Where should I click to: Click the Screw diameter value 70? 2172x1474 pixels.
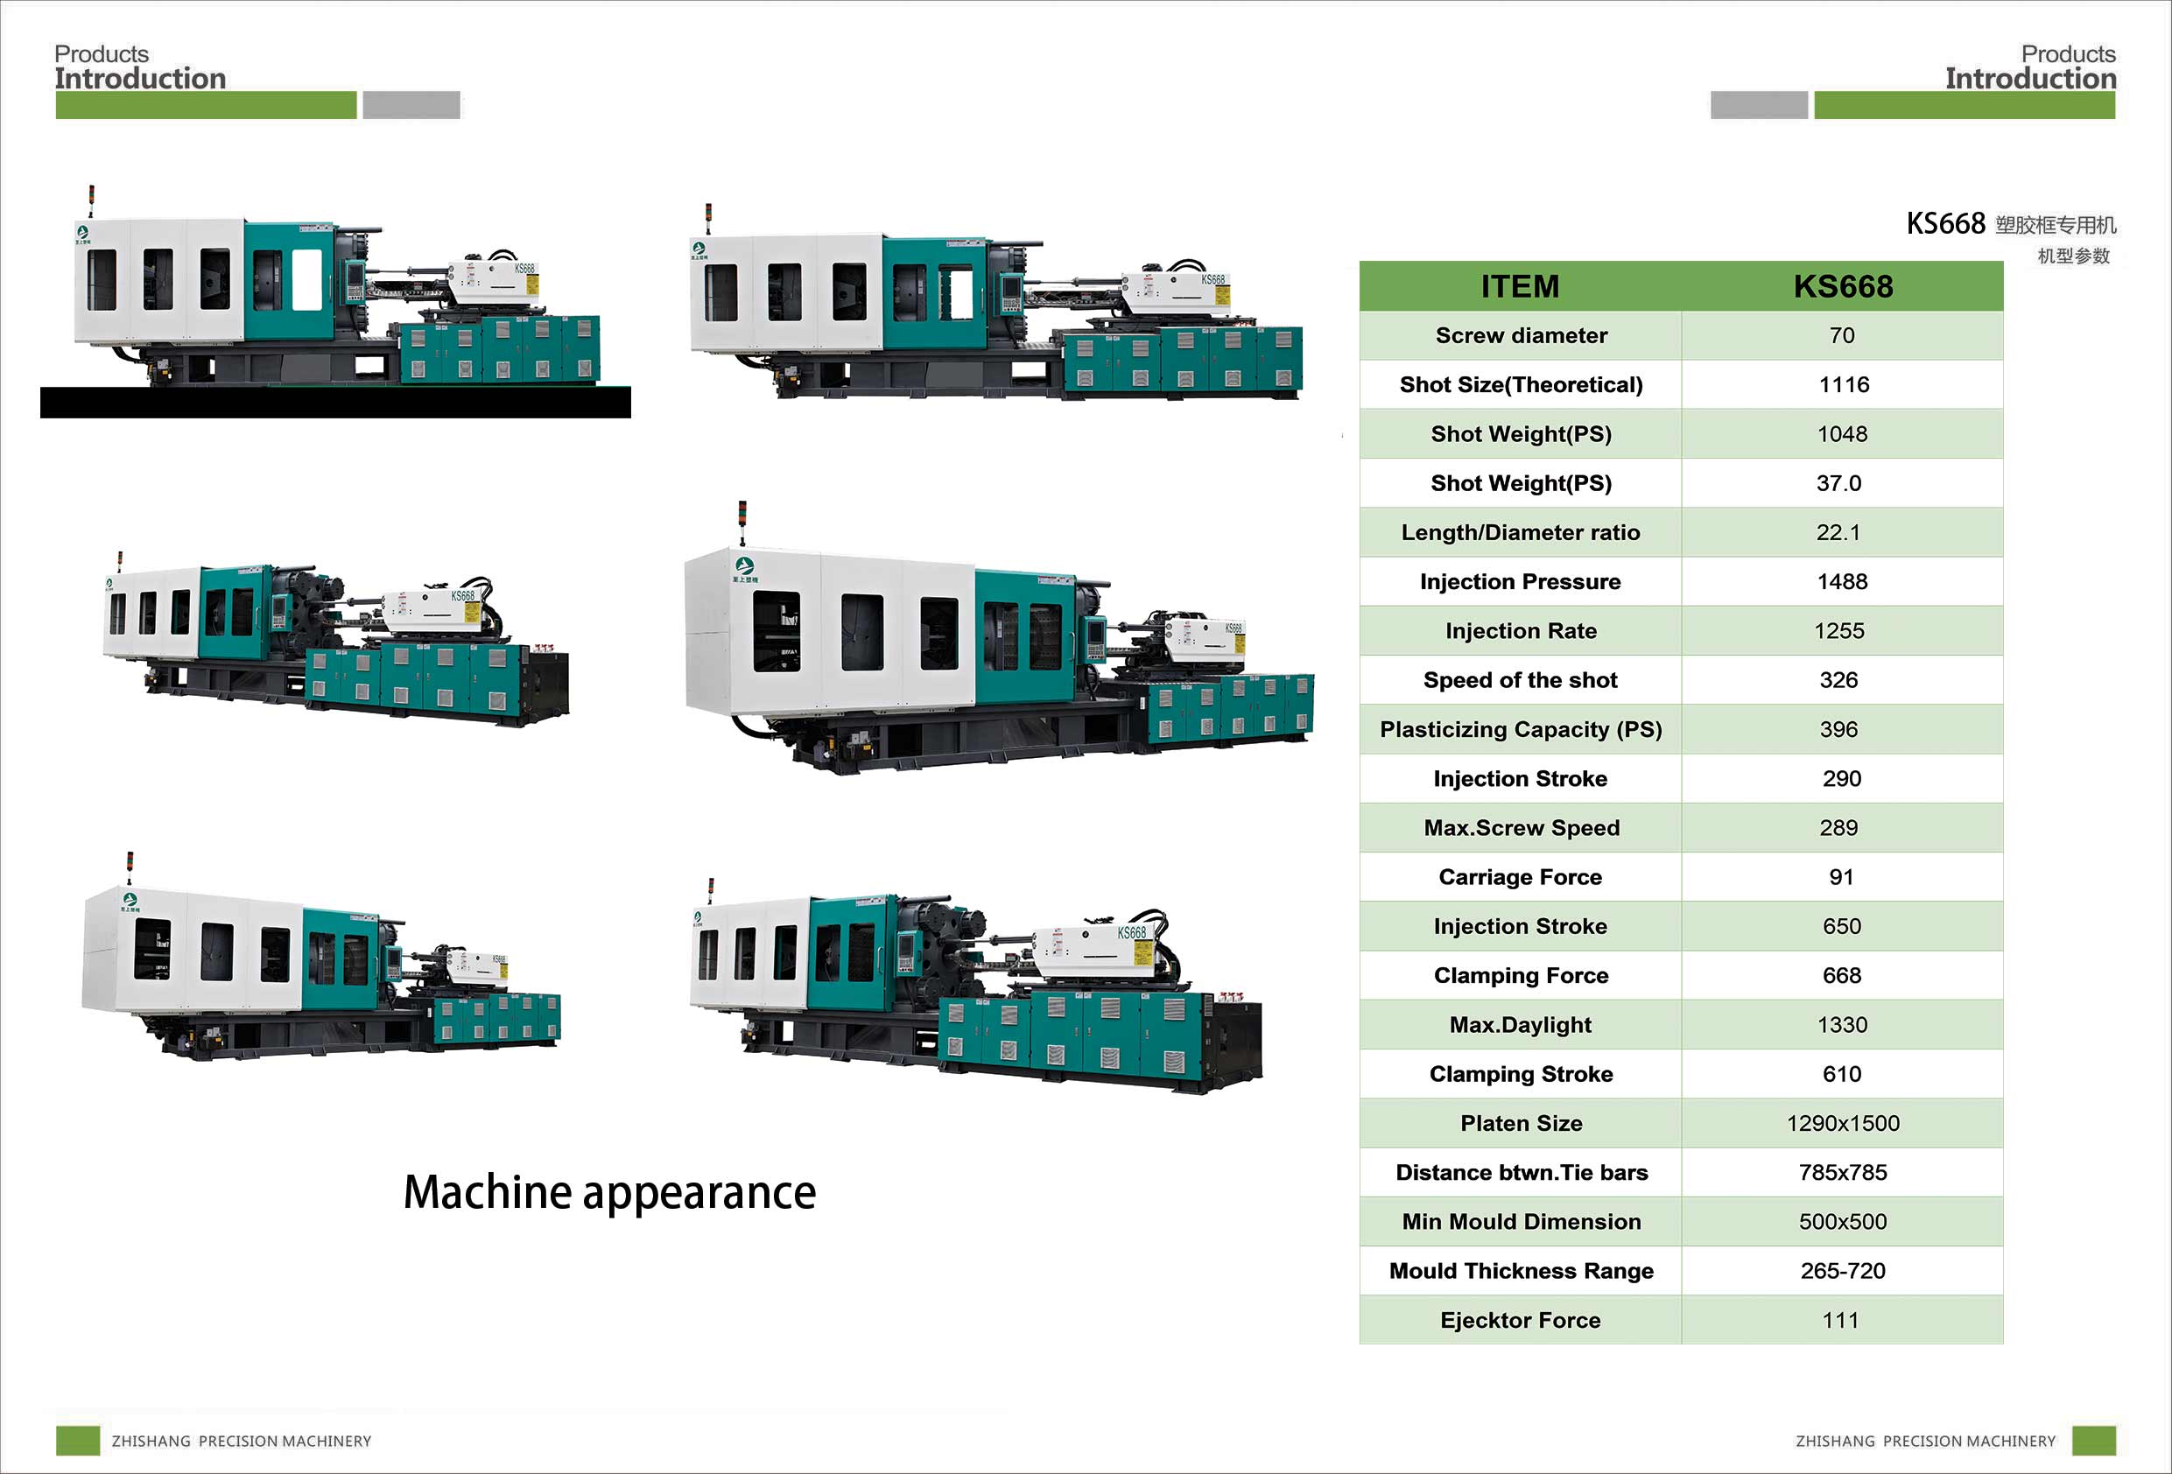pos(1841,335)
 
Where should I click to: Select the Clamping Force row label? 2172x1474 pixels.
pos(1521,976)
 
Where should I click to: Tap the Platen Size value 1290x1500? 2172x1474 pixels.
pos(1842,1124)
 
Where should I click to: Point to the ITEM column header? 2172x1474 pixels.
pos(1520,286)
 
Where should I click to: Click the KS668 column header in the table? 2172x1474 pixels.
pos(1842,286)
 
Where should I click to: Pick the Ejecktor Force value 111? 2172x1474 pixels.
pos(1840,1321)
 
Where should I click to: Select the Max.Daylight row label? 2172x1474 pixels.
pos(1521,1025)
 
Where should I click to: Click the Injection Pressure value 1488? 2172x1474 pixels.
pos(1841,581)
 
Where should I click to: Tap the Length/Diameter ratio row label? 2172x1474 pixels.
pos(1521,533)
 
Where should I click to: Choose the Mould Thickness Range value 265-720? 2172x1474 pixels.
pos(1842,1271)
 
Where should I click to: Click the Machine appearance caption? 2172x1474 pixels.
pos(609,1193)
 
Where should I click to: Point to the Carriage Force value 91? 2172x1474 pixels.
pos(1841,877)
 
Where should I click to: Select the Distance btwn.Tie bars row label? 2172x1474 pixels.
pos(1521,1173)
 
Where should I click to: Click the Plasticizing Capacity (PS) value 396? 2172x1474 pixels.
pos(1838,730)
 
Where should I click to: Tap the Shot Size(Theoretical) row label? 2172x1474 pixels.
pos(1521,385)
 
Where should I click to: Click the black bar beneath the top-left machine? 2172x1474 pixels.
pos(334,402)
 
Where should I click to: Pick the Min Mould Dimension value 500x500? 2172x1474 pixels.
pos(1842,1222)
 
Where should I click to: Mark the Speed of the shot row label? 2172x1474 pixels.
pos(1520,680)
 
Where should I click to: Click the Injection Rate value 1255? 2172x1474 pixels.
pos(1838,631)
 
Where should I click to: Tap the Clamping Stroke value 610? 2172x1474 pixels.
pos(1841,1074)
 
